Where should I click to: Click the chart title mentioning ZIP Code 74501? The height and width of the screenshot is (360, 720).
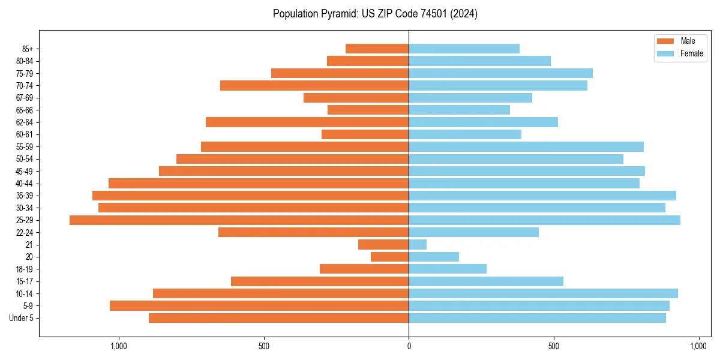pyautogui.click(x=375, y=14)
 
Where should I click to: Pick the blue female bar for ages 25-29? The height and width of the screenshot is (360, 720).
pyautogui.click(x=544, y=220)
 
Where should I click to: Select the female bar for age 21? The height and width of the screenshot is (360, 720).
pyautogui.click(x=418, y=244)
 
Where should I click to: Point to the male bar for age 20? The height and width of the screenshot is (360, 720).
pyautogui.click(x=390, y=257)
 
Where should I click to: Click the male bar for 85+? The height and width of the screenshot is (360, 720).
pyautogui.click(x=377, y=49)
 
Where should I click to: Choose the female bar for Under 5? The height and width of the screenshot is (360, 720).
pyautogui.click(x=537, y=318)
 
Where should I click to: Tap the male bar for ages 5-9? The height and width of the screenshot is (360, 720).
pyautogui.click(x=259, y=305)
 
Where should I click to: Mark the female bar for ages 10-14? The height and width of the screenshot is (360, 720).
pyautogui.click(x=543, y=293)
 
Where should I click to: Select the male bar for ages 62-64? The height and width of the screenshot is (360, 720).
pyautogui.click(x=307, y=122)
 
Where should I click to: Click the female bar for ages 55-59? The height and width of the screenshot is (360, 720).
pyautogui.click(x=526, y=146)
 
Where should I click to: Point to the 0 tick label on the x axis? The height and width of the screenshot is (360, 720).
pyautogui.click(x=409, y=346)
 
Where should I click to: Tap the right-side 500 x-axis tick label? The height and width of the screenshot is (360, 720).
pyautogui.click(x=554, y=346)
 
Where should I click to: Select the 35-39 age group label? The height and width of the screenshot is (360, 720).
pyautogui.click(x=25, y=196)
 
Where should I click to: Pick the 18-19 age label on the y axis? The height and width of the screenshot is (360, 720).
pyautogui.click(x=25, y=269)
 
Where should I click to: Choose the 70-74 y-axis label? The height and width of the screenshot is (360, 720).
pyautogui.click(x=25, y=85)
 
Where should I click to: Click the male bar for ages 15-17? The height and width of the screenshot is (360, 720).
pyautogui.click(x=320, y=281)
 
